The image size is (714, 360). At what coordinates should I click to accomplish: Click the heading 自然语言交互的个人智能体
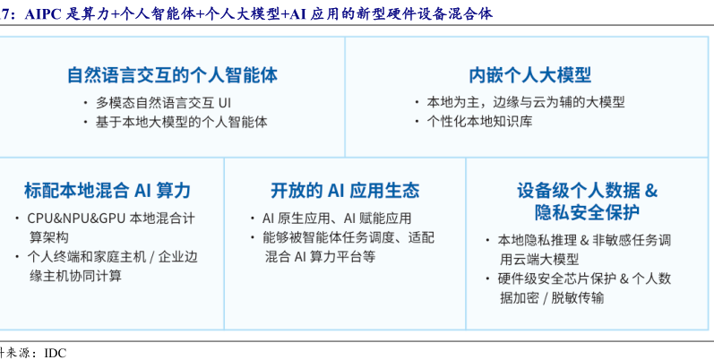click(x=172, y=75)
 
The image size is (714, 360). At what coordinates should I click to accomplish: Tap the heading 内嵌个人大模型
click(x=530, y=75)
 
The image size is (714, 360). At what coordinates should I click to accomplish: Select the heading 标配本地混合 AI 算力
click(x=108, y=190)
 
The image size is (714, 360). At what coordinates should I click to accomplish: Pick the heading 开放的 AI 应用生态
click(x=345, y=190)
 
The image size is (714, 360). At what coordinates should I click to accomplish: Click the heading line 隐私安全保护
click(x=587, y=212)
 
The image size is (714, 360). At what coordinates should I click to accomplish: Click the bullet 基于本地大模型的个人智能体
click(x=181, y=122)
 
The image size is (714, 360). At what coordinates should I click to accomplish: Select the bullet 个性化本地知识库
click(x=479, y=122)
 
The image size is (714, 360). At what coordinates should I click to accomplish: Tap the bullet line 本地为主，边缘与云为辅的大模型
click(x=526, y=102)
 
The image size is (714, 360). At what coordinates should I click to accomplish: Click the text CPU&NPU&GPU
click(x=76, y=218)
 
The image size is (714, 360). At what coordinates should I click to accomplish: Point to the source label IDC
click(x=56, y=353)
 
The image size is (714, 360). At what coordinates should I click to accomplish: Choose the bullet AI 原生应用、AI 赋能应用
click(x=337, y=218)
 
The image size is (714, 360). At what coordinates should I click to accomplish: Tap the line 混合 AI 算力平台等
click(x=321, y=257)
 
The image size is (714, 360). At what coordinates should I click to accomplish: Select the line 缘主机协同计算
click(x=76, y=276)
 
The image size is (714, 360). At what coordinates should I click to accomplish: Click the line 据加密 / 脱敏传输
click(x=552, y=297)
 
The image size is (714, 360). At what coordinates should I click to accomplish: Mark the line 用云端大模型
click(x=539, y=259)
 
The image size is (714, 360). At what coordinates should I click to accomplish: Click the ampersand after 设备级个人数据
click(x=651, y=191)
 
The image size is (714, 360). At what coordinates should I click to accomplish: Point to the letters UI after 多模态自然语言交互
click(x=225, y=102)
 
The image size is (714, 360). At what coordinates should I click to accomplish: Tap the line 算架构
click(x=49, y=237)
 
